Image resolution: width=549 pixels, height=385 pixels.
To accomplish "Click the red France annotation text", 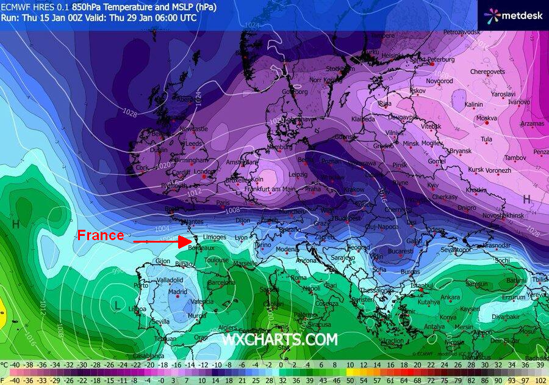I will click(101, 235).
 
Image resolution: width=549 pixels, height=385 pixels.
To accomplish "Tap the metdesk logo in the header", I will click(514, 15).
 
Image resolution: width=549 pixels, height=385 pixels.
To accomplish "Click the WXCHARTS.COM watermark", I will click(279, 339).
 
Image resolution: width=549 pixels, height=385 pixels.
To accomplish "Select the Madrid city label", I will click(178, 292).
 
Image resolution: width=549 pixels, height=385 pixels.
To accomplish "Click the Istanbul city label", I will click(421, 285).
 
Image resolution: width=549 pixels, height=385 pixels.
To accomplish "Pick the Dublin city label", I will click(158, 150).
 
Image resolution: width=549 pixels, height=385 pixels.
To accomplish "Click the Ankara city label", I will click(450, 298).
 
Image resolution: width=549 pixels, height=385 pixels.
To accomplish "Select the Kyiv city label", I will click(432, 185).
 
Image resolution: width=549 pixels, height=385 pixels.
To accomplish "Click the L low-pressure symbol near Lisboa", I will click(117, 304).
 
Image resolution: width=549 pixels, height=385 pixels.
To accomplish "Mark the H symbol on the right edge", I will click(526, 199).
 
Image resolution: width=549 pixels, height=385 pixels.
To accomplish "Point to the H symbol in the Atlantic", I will click(16, 224).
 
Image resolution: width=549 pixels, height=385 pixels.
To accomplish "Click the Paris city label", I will click(223, 203).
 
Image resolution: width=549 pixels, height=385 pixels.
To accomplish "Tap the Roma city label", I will click(298, 278).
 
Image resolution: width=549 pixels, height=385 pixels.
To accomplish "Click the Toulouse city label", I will click(217, 260).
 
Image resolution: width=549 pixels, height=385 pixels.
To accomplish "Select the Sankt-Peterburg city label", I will click(433, 60).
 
